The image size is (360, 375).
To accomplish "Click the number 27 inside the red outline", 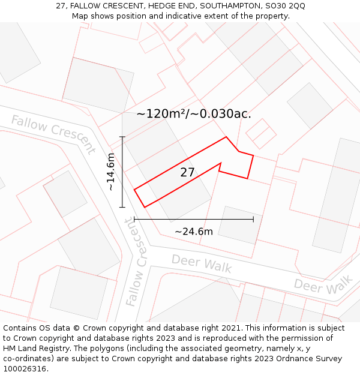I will (x=188, y=173).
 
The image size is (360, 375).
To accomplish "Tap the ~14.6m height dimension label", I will (x=110, y=172).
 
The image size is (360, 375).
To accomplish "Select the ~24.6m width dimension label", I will (x=194, y=232).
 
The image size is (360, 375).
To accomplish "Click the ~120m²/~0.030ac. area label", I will (x=194, y=113).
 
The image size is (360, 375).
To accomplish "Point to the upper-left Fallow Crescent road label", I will (x=53, y=134).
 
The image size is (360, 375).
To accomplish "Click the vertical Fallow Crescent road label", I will (x=137, y=262).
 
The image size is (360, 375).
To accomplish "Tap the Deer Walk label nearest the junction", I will (x=202, y=263).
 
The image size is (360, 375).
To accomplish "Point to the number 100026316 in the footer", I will (x=25, y=369).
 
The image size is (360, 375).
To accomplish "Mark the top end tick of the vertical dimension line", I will (x=122, y=137).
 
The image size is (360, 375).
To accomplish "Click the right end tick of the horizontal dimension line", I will (x=253, y=220).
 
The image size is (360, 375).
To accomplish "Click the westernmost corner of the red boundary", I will (x=134, y=190).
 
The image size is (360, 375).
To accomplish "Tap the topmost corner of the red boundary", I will (x=226, y=137).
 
